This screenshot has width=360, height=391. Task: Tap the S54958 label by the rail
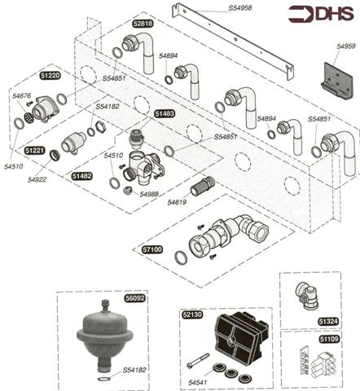click(217, 9)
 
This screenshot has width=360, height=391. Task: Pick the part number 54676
click(22, 97)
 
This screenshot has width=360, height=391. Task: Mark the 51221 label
click(35, 152)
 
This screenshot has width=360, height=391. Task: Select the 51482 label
click(81, 175)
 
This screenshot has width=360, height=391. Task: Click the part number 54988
click(148, 195)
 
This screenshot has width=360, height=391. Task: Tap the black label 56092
click(134, 299)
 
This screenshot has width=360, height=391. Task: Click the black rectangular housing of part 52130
click(237, 337)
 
